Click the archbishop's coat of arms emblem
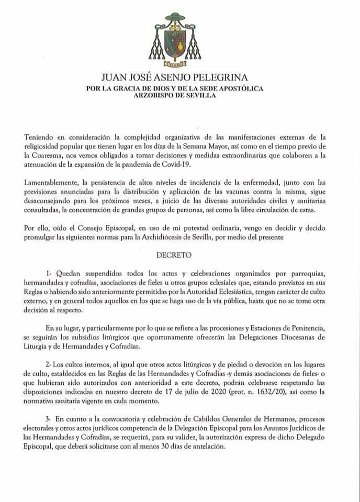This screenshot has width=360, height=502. pos(180,40)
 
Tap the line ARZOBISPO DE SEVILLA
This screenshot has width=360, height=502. pos(179,97)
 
